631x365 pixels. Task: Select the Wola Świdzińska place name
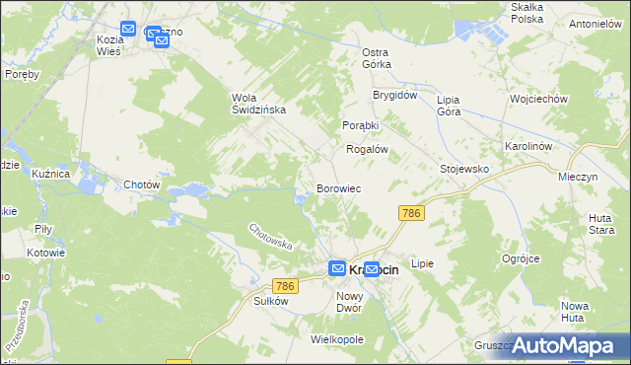pyautogui.click(x=258, y=104)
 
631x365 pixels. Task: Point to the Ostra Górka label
pyautogui.click(x=377, y=58)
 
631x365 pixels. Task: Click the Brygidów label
pyautogui.click(x=395, y=97)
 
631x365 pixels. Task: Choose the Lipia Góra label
pyautogui.click(x=449, y=106)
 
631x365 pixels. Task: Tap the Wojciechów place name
pyautogui.click(x=537, y=100)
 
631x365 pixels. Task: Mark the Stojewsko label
pyautogui.click(x=464, y=169)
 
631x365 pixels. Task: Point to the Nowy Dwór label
pyautogui.click(x=350, y=302)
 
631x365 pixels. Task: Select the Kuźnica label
pyautogui.click(x=50, y=174)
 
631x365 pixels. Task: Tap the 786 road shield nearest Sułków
pyautogui.click(x=285, y=286)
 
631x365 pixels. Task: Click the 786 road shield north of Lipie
pyautogui.click(x=411, y=213)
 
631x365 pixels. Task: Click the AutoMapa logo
pyautogui.click(x=564, y=345)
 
